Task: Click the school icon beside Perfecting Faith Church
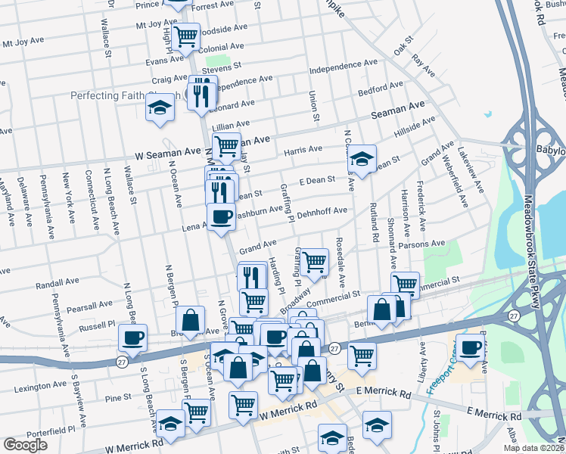pyautogui.click(x=160, y=107)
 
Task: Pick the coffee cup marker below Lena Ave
pyautogui.click(x=221, y=217)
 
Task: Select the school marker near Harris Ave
pyautogui.click(x=362, y=159)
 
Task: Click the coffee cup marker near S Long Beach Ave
pyautogui.click(x=133, y=337)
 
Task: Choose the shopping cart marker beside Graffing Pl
pyautogui.click(x=314, y=262)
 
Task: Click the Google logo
pyautogui.click(x=25, y=445)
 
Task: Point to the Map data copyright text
pyautogui.click(x=533, y=448)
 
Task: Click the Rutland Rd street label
pyautogui.click(x=375, y=222)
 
